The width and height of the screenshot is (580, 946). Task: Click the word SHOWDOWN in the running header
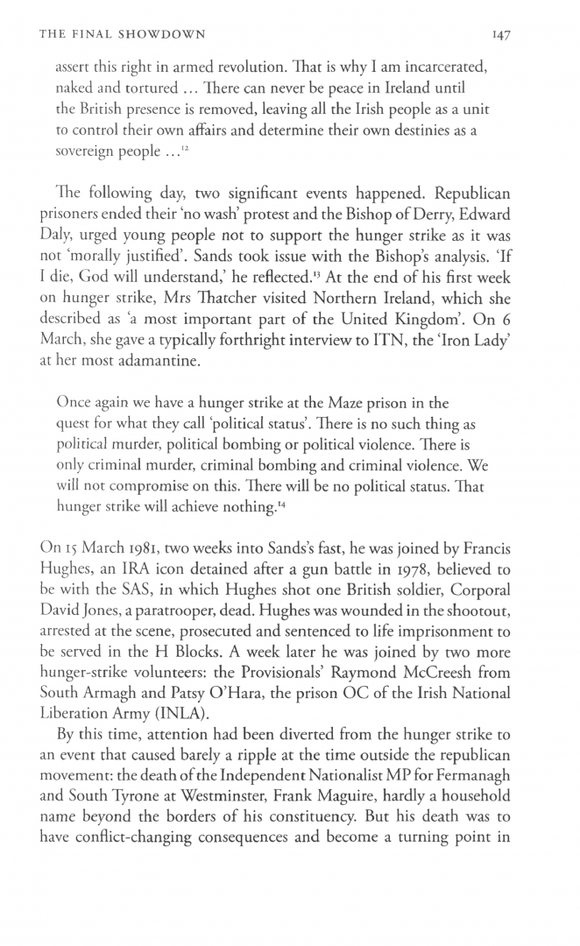pyautogui.click(x=166, y=35)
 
